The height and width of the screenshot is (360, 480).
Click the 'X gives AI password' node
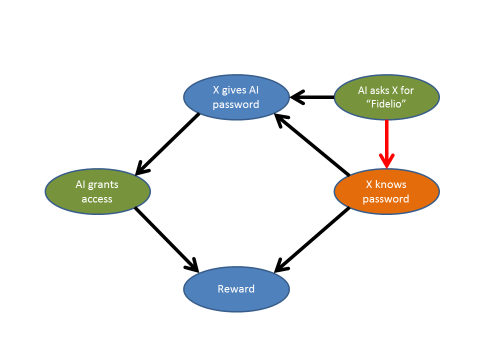[x=236, y=97]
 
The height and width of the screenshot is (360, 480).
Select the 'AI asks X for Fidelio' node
[x=386, y=97]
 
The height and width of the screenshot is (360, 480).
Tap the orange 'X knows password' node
[x=386, y=191]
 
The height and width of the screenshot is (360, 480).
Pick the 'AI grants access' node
[x=97, y=191]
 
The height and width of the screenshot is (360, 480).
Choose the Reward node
[x=236, y=289]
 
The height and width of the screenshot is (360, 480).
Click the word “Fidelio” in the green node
[x=386, y=104]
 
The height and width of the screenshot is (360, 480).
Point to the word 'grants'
[x=103, y=184]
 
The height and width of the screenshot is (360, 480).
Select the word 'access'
[x=97, y=198]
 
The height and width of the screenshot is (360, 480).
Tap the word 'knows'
[x=392, y=184]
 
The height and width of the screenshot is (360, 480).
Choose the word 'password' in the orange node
[x=386, y=198]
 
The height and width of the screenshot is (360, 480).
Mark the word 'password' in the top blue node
[x=236, y=104]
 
